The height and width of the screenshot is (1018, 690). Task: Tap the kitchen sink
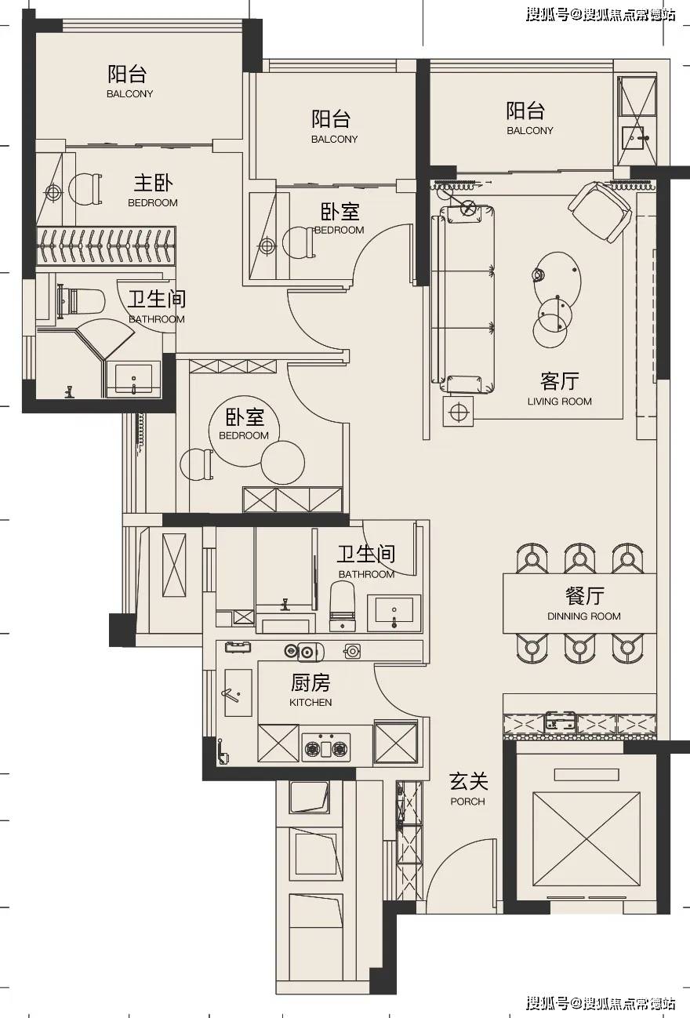coord(238,693)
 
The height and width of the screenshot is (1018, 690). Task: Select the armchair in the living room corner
coord(600,210)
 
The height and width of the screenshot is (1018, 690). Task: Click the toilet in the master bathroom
coord(82,300)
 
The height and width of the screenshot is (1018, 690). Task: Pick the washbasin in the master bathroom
coord(134,379)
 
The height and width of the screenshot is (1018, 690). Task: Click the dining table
coord(579,603)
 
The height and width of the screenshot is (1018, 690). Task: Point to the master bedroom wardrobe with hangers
coord(104,246)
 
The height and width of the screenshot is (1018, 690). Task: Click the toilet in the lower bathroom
coord(343,608)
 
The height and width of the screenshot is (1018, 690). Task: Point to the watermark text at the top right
coord(600,15)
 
